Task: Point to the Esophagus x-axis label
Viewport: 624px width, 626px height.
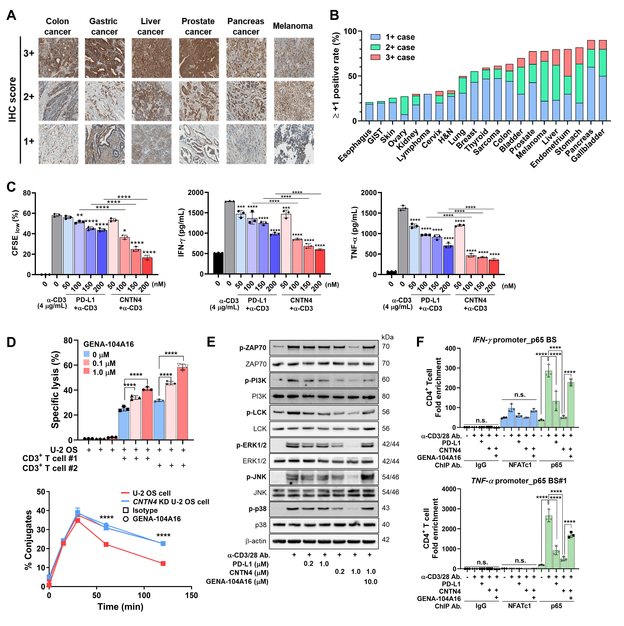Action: tap(355, 146)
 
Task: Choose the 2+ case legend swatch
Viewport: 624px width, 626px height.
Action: tap(375, 47)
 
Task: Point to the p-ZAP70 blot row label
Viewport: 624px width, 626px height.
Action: tap(253, 348)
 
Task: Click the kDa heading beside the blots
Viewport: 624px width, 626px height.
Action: tap(387, 337)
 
